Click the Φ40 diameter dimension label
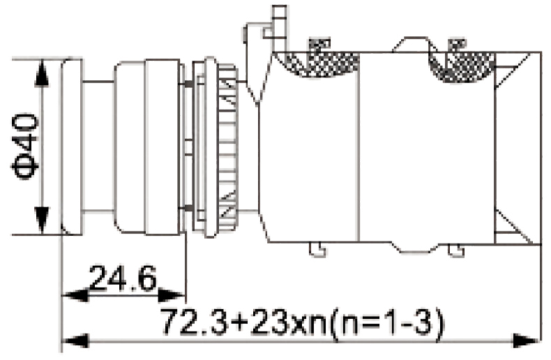tap(25, 148)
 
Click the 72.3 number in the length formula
tap(191, 322)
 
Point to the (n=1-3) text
tap(388, 322)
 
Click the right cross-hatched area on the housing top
tap(461, 63)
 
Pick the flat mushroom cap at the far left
tap(72, 147)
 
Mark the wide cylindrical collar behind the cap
tap(146, 147)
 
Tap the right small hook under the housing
tap(455, 248)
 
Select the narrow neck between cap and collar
tap(98, 147)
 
